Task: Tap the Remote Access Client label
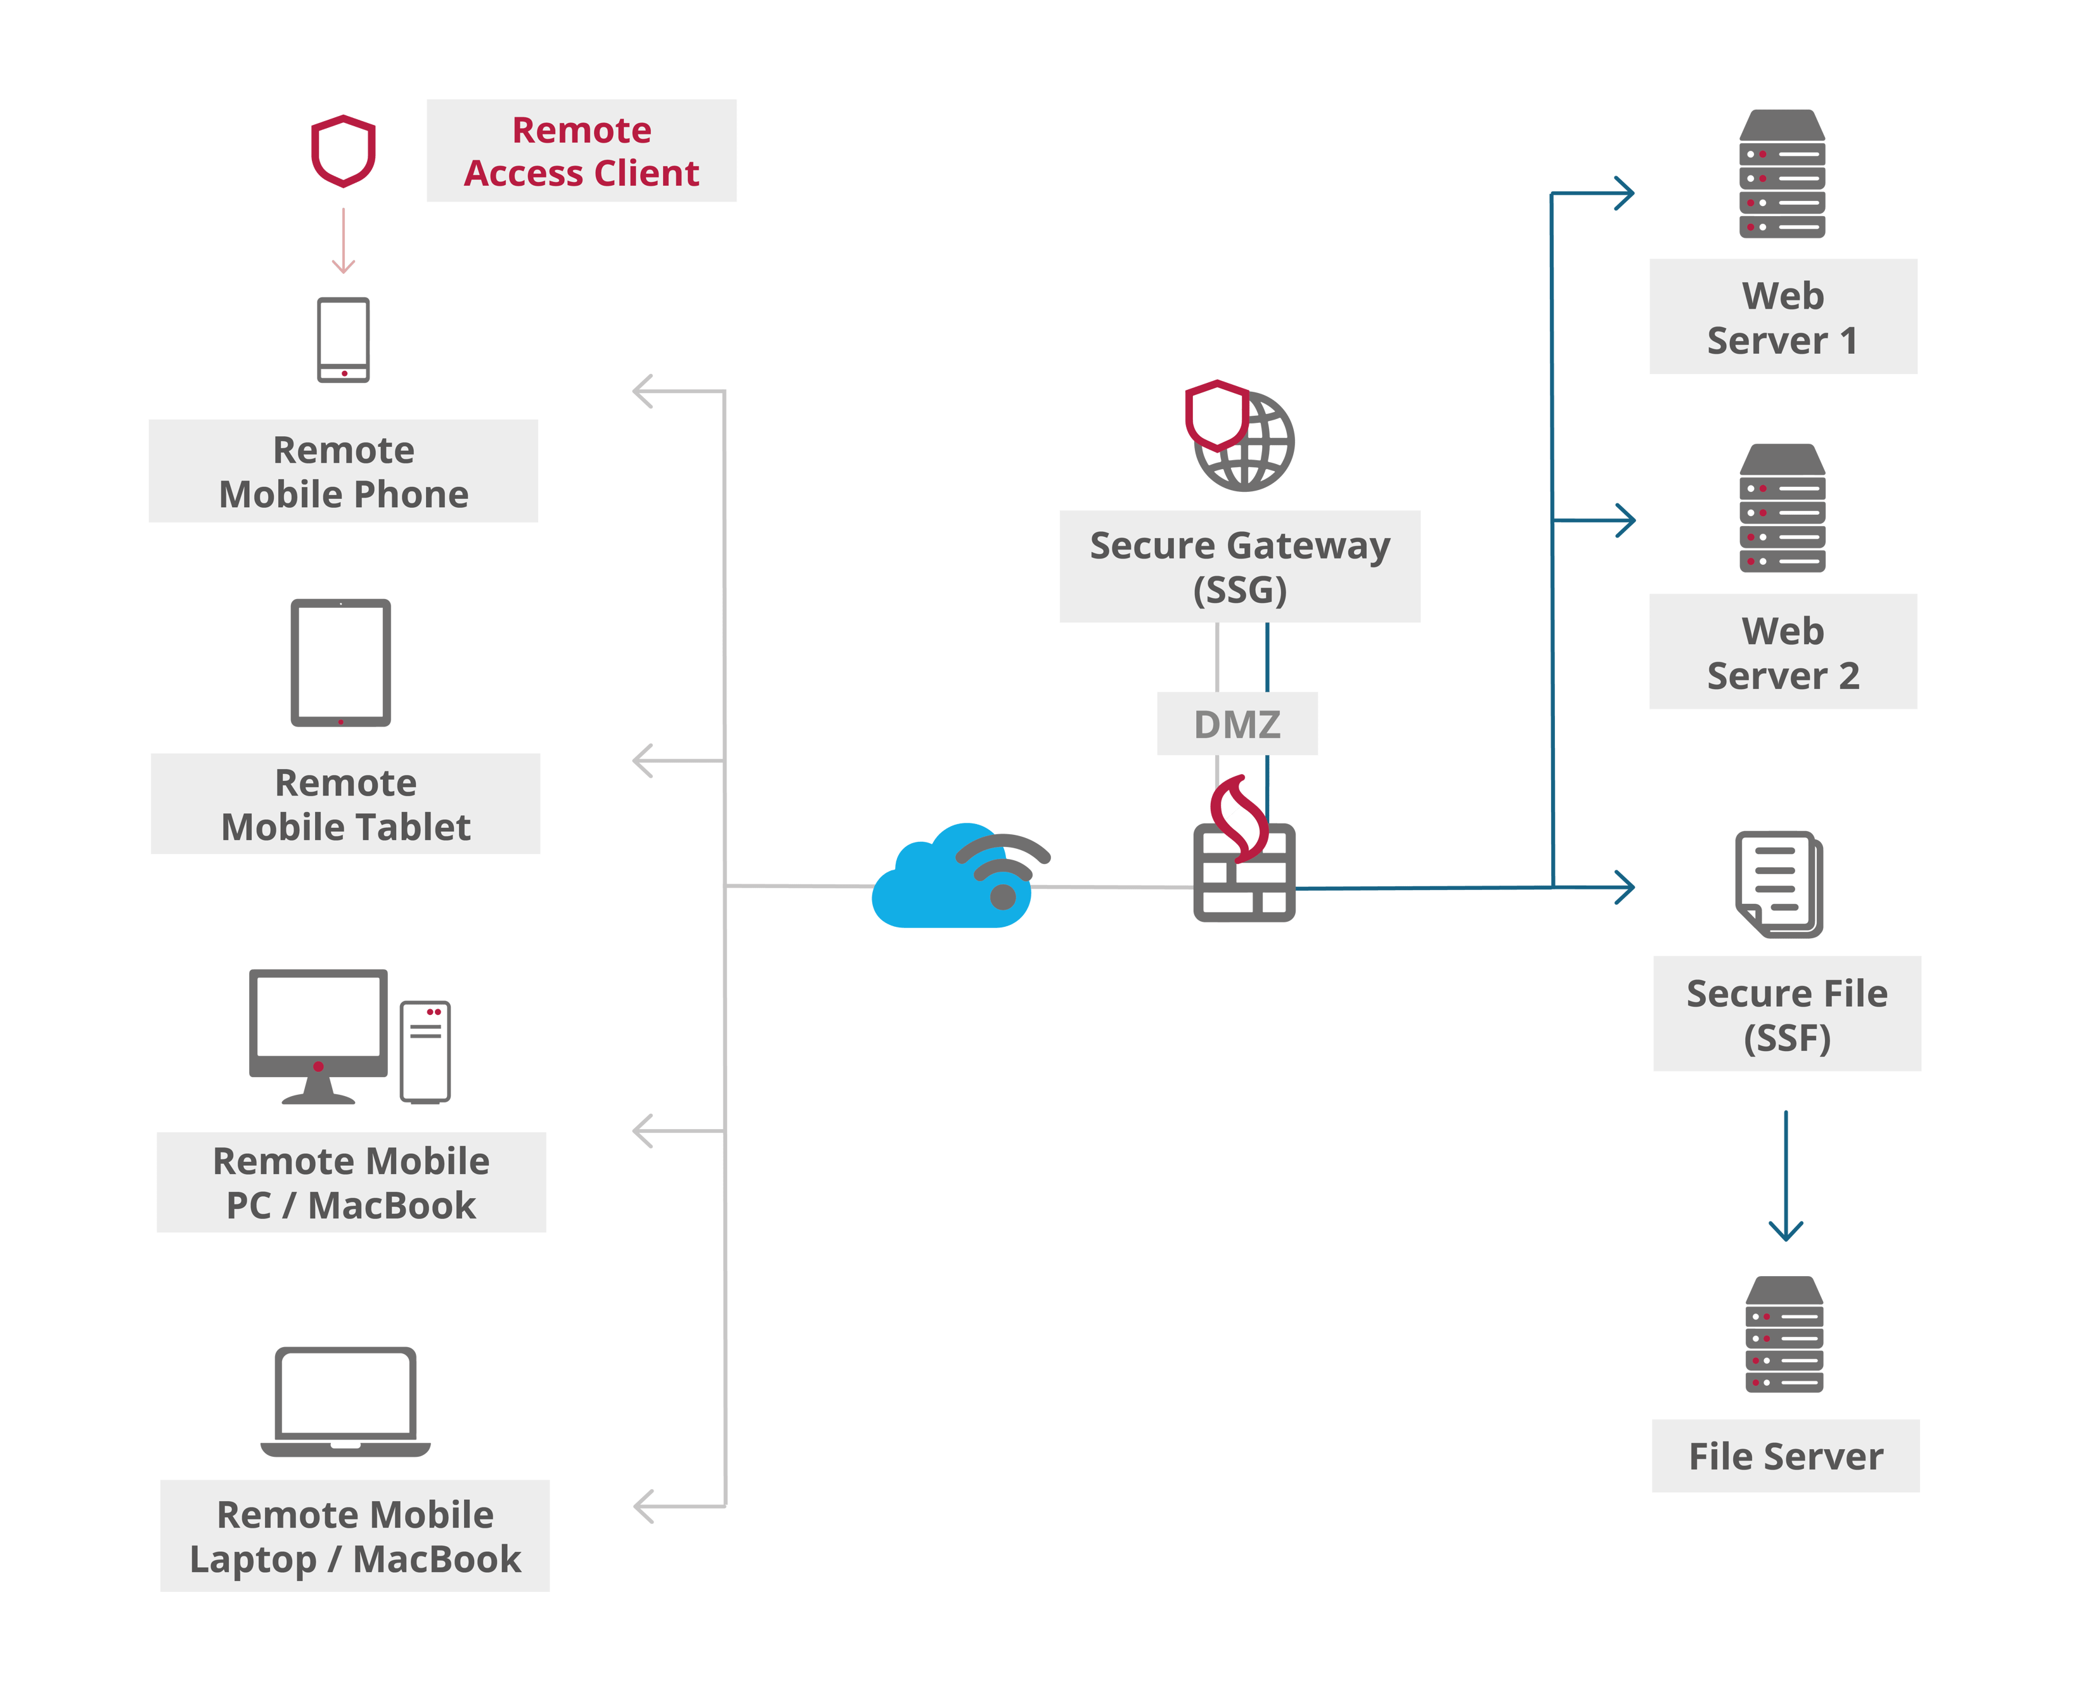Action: coord(581,151)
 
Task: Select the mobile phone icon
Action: coord(344,340)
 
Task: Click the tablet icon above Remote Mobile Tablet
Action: coord(340,662)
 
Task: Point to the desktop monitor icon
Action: coord(318,1036)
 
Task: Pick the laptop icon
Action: coord(345,1402)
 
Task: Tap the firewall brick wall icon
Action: coord(1244,872)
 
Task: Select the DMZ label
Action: coord(1237,725)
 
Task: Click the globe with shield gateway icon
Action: coord(1239,435)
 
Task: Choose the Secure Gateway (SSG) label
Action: coord(1240,566)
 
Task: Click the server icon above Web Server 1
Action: coord(1782,173)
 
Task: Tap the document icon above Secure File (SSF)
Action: coord(1779,884)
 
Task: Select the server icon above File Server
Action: coord(1784,1334)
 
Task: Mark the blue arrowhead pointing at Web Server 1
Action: coord(1625,193)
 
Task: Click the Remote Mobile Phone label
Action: coord(344,472)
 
